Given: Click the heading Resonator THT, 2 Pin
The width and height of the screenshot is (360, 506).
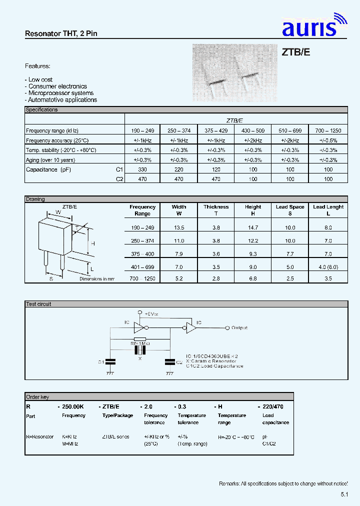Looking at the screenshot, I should [61, 33].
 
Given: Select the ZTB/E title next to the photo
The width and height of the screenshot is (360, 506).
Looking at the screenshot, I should [296, 52].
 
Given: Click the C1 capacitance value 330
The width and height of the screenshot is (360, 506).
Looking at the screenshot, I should [142, 169].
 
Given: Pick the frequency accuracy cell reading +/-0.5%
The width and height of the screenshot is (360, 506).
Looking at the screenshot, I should [328, 141].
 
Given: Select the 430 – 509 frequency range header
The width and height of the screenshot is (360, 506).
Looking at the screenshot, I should [253, 130].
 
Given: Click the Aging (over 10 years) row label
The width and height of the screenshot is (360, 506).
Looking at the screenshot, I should [50, 160].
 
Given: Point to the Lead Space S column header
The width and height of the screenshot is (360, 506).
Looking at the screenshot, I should [290, 210].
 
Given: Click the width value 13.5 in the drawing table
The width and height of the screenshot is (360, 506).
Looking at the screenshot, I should [178, 227].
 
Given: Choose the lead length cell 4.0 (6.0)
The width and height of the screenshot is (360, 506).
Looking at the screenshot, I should [328, 267].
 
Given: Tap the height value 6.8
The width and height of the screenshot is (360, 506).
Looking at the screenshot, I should [253, 278].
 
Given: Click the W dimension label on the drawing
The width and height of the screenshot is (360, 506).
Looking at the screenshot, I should [58, 211].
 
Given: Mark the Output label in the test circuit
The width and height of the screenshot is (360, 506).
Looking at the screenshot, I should [239, 328].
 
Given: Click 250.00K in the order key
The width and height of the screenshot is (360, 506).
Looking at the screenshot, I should [73, 407].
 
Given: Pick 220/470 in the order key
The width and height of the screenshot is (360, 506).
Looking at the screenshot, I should [273, 407].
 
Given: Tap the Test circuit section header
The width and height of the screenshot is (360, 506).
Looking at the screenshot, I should [38, 304].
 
